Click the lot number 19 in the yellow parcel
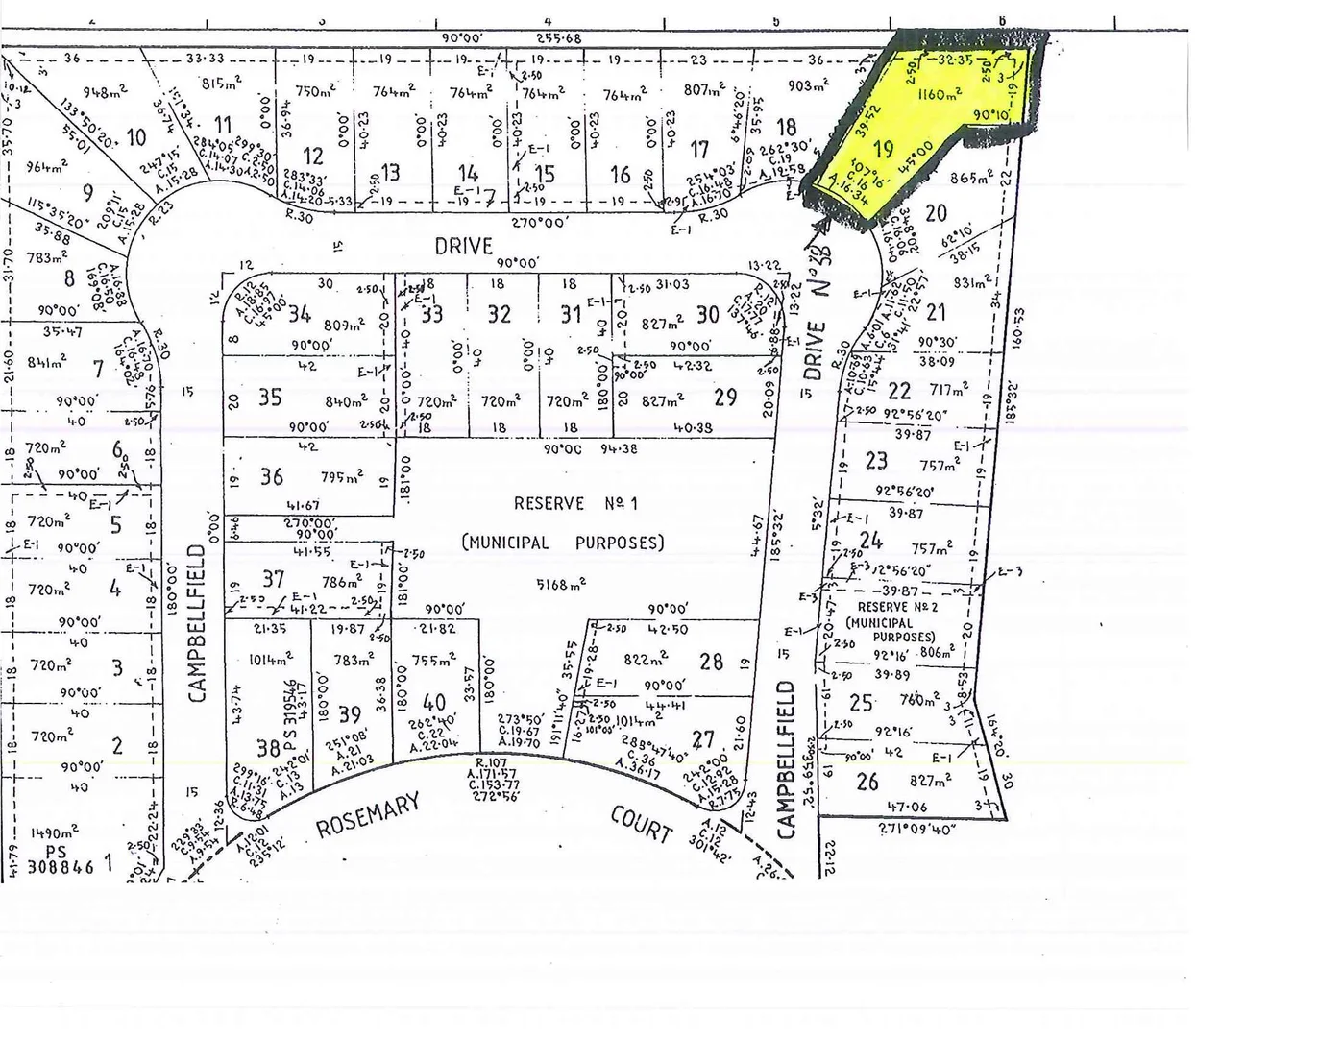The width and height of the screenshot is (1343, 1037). click(884, 149)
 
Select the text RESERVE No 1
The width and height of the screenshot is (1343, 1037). click(574, 503)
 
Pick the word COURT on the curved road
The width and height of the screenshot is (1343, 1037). click(641, 823)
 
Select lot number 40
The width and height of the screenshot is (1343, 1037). click(434, 703)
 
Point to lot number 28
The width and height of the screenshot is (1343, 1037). click(711, 661)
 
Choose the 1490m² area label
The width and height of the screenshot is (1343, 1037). click(55, 833)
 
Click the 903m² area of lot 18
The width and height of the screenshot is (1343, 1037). click(807, 86)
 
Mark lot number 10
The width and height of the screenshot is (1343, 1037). click(135, 137)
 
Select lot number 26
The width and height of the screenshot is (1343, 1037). click(867, 782)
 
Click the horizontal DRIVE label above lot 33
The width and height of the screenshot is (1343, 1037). click(463, 245)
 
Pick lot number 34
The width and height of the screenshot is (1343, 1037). click(299, 313)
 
